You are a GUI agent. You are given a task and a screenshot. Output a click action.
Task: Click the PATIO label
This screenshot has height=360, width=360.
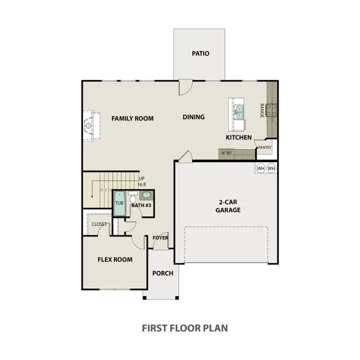point(200,53)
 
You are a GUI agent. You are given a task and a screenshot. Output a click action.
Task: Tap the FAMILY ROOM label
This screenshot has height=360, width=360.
point(132,119)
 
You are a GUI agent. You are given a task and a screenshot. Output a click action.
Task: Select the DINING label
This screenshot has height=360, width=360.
point(194,117)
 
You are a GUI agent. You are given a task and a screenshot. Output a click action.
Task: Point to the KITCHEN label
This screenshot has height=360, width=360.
point(239,137)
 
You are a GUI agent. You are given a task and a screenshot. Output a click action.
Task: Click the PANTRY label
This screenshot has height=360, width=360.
point(265,148)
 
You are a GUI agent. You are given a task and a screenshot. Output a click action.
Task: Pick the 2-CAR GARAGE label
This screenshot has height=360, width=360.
point(228,206)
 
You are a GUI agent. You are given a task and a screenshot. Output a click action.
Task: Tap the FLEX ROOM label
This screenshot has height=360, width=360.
point(115,259)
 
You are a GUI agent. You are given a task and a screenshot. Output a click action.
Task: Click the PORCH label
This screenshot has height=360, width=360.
point(163,273)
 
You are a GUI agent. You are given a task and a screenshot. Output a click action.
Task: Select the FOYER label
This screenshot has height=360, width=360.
point(160,238)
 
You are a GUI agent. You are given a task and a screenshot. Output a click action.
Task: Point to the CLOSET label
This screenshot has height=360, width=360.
point(99,224)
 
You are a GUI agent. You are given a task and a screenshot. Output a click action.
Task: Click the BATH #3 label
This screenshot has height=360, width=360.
point(141,205)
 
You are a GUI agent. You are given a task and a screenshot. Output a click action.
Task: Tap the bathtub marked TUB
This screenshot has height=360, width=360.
point(120,203)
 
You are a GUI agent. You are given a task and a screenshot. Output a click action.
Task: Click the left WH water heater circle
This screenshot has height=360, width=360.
point(261,168)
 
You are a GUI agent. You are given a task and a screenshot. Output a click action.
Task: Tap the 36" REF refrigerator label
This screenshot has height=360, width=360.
point(226,153)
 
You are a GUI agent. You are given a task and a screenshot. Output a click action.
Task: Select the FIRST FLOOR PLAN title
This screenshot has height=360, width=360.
point(185,328)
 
